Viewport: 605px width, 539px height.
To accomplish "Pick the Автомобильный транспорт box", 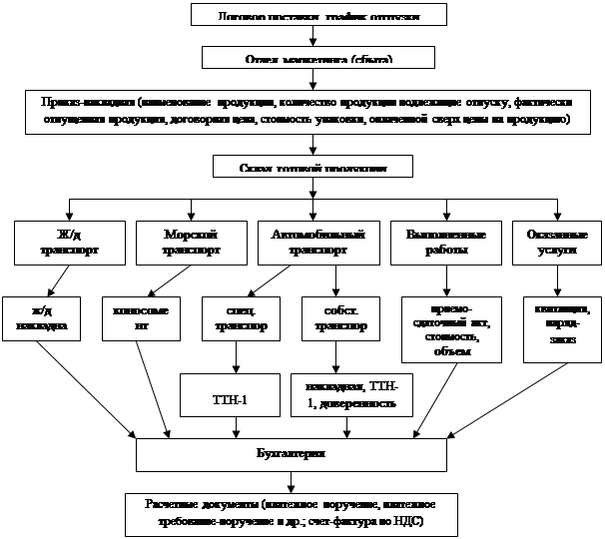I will [x=317, y=242].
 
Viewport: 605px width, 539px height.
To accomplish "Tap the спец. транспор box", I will [x=234, y=318].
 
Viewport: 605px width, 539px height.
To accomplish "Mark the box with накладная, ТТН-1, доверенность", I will [x=344, y=393].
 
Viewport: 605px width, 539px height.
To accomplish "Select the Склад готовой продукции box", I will [x=313, y=166].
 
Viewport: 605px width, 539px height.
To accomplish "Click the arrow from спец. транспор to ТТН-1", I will [x=235, y=356].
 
